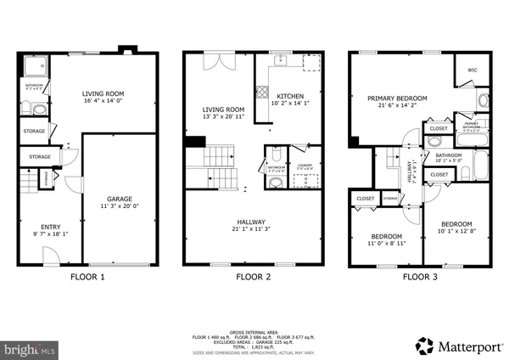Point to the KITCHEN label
(x=289, y=97)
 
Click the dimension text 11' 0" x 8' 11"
(x=386, y=244)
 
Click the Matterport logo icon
(x=422, y=345)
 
